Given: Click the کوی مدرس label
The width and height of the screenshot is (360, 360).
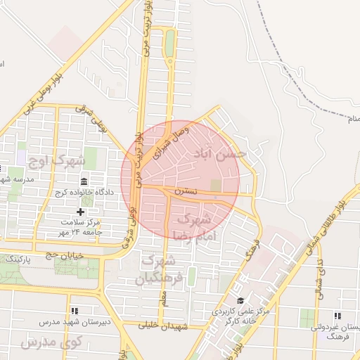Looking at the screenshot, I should [x=52, y=342].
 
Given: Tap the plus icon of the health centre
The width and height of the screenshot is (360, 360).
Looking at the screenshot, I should [x=80, y=211].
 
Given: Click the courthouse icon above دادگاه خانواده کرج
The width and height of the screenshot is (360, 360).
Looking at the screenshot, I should [x=84, y=181].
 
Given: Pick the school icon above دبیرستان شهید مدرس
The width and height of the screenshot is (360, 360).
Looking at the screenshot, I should [x=74, y=311].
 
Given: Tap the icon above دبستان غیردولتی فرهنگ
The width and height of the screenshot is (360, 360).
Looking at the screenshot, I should [x=337, y=316].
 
